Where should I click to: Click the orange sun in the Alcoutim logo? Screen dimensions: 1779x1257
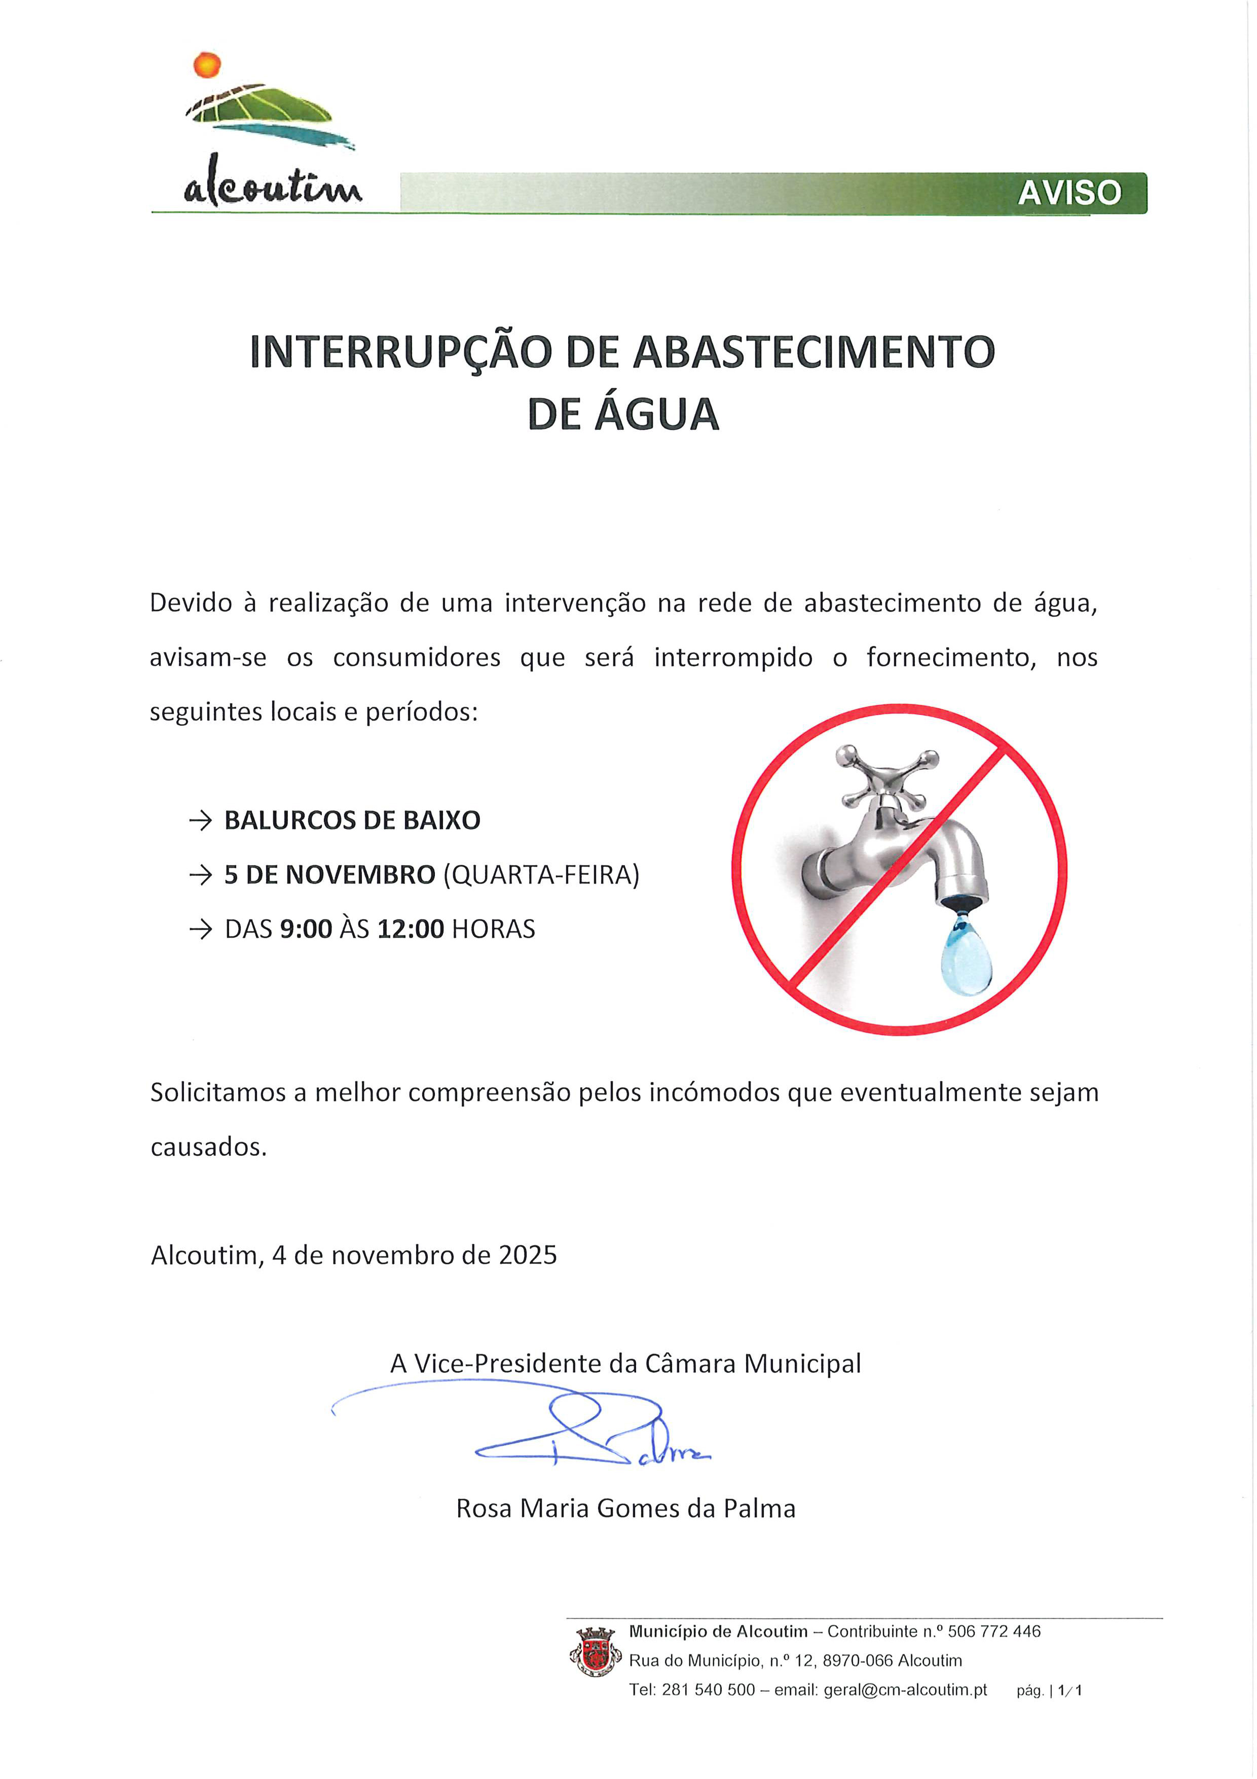tap(207, 65)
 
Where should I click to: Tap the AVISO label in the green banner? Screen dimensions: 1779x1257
tap(1069, 193)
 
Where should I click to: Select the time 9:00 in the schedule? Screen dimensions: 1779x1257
tap(306, 929)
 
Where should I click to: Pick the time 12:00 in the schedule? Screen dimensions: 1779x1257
tap(411, 929)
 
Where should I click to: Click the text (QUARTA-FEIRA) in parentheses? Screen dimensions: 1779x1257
tap(541, 875)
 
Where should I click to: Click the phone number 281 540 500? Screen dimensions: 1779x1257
tap(708, 1690)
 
